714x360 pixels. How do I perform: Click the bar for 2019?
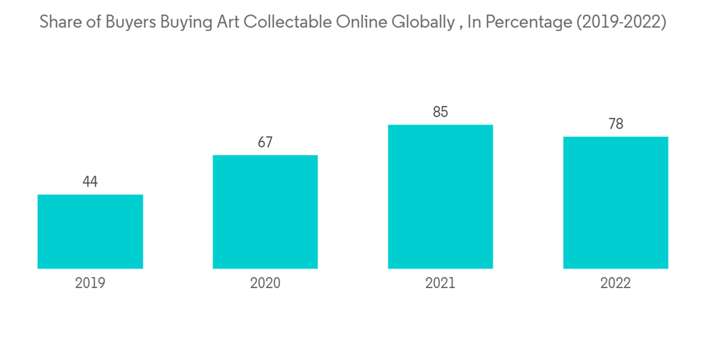point(90,231)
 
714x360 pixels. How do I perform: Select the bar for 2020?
point(265,211)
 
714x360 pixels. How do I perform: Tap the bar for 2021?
point(441,196)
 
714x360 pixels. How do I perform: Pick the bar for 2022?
point(615,202)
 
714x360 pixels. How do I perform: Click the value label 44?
point(90,182)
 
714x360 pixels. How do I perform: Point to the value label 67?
point(265,143)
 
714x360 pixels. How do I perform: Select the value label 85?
point(441,112)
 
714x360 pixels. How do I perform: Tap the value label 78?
point(615,124)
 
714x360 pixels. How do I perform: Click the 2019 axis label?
point(90,283)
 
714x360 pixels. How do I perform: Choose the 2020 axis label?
point(265,283)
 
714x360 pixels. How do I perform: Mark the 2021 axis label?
point(441,283)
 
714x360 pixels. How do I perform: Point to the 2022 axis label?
point(615,283)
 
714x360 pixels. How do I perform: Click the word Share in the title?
point(59,22)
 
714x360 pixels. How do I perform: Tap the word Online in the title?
point(361,22)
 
